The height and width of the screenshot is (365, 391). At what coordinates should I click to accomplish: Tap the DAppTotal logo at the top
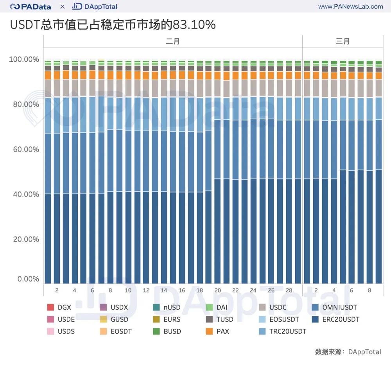[95, 7]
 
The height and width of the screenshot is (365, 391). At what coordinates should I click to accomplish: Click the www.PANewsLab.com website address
[350, 7]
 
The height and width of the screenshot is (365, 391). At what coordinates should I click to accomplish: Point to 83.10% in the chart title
[197, 25]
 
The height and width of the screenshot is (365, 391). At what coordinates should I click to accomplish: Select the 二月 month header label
[172, 41]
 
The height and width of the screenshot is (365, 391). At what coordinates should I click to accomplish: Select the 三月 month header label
[343, 41]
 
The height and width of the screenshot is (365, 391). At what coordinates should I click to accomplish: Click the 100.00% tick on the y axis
[24, 59]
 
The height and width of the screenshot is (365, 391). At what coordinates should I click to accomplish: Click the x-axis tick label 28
[289, 290]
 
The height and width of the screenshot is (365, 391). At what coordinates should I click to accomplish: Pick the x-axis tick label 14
[164, 290]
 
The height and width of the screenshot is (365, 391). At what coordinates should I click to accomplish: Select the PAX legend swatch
[209, 331]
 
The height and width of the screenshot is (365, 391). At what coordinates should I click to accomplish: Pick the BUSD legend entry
[168, 331]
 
